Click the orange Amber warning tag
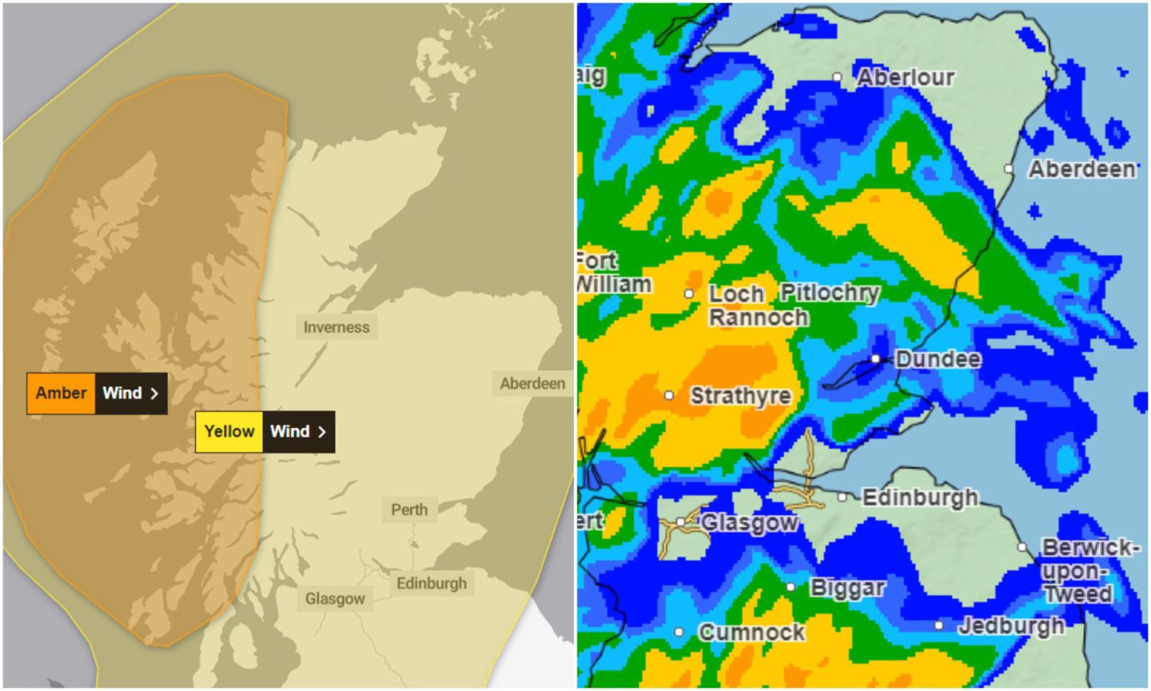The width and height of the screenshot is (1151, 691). (62, 393)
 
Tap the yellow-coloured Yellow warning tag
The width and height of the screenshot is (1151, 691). (229, 432)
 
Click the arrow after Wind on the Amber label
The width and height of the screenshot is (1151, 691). (154, 393)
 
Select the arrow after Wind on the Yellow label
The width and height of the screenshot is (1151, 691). (321, 432)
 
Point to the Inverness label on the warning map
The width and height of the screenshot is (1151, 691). (337, 327)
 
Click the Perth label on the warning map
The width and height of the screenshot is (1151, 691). (409, 509)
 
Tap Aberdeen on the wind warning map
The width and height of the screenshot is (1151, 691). (532, 384)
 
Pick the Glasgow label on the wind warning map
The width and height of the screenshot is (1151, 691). (335, 598)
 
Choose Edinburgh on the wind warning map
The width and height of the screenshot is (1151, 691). (432, 583)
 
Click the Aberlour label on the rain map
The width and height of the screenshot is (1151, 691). (906, 78)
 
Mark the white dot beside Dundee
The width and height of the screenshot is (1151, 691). (876, 359)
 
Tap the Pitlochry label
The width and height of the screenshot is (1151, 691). (830, 294)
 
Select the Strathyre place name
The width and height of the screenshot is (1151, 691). (740, 396)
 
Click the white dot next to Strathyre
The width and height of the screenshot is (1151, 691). (669, 395)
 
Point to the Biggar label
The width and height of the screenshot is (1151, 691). (847, 588)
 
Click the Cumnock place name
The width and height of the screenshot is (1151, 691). (751, 633)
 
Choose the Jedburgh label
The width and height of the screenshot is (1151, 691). (1011, 625)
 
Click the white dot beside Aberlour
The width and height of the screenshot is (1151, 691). (837, 78)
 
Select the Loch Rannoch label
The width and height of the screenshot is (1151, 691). (757, 306)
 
